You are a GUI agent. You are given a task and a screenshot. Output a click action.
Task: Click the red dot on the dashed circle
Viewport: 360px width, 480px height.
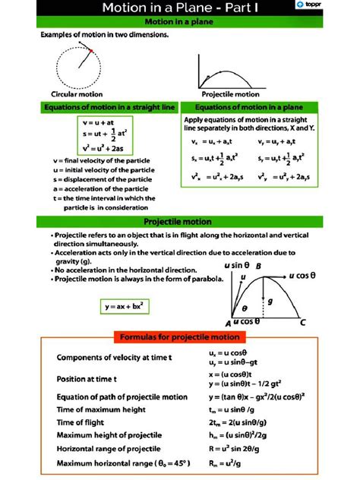90,51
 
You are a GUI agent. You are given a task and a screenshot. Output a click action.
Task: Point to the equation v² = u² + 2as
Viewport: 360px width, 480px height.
101,148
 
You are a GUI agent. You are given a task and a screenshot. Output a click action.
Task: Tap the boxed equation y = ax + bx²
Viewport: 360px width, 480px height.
122,307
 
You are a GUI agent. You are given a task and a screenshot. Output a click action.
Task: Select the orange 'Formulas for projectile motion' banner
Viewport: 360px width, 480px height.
180,336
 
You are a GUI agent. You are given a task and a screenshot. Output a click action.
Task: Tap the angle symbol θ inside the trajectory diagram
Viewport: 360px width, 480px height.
245,309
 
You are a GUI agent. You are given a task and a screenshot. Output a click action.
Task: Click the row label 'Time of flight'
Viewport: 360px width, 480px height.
86,422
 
